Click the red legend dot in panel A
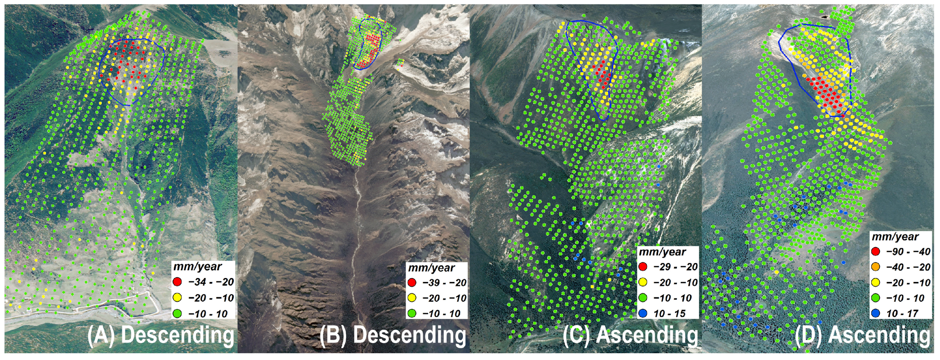coord(177,282)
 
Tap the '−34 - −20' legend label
coord(211,282)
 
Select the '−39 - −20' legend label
coord(444,282)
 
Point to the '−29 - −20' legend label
coord(675,267)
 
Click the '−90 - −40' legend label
coord(908,251)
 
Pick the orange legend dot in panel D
coord(876,267)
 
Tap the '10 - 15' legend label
coord(669,313)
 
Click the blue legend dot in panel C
coord(643,313)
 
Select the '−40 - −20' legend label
coord(908,267)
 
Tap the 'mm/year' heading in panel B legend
coord(431,268)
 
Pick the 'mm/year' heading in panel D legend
coord(895,237)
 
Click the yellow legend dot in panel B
coord(412,298)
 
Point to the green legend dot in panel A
coord(177,313)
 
